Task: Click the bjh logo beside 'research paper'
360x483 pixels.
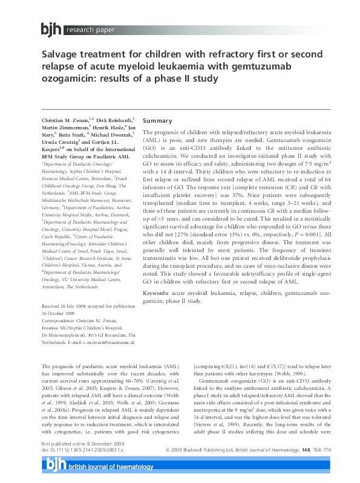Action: click(x=51, y=28)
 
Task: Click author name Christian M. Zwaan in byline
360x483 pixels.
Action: click(x=67, y=122)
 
